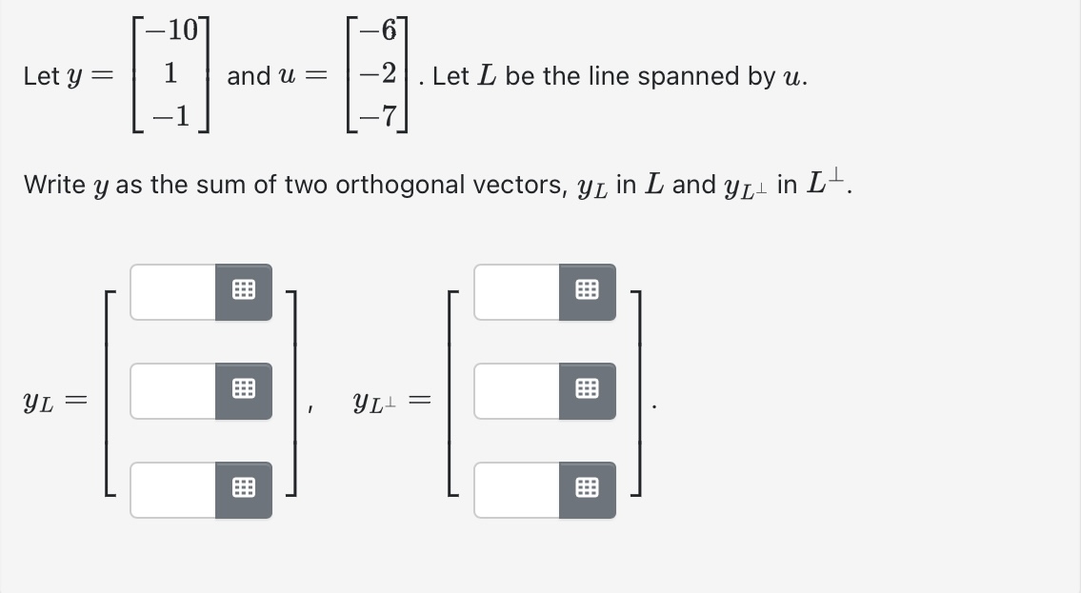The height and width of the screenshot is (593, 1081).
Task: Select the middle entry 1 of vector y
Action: [x=170, y=74]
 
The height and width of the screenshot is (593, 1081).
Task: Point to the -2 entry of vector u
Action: [x=384, y=74]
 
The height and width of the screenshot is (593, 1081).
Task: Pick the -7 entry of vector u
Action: [x=384, y=117]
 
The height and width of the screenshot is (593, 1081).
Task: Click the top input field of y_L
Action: [x=173, y=292]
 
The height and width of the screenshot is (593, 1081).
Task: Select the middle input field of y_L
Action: [x=173, y=390]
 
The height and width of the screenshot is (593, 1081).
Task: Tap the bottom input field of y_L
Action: [x=173, y=489]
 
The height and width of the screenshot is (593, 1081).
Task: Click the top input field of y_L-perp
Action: [x=517, y=292]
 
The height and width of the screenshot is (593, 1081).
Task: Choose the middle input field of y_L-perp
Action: [x=517, y=390]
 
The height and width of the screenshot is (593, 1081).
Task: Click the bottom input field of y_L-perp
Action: [x=517, y=489]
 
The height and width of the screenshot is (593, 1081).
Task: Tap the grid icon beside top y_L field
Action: [x=244, y=292]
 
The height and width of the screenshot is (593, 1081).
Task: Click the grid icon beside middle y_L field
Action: [x=244, y=390]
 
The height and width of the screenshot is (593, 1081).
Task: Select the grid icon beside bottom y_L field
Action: [x=244, y=489]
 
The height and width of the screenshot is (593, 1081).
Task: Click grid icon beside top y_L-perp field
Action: [x=588, y=292]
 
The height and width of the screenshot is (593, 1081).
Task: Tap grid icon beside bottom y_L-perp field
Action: [x=588, y=489]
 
